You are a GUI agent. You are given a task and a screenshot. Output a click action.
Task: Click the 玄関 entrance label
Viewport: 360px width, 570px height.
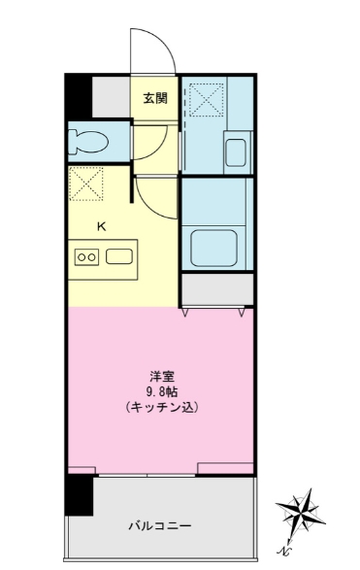(155, 97)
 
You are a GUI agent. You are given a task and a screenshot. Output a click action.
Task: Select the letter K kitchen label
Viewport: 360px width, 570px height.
(100, 226)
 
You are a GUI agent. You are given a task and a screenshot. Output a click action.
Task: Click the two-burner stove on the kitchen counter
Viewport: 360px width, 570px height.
(86, 257)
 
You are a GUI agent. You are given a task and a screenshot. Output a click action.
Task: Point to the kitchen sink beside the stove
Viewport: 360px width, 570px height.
(120, 257)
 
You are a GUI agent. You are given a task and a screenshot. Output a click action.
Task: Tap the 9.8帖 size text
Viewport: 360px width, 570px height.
(160, 390)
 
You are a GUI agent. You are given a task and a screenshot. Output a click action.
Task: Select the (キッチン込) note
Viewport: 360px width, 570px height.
(160, 408)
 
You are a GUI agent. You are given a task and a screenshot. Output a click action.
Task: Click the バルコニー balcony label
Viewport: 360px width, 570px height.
(160, 525)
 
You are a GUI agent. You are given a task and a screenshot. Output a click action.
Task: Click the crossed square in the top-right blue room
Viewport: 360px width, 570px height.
(205, 99)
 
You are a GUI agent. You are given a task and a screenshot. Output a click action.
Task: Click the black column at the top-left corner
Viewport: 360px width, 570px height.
(77, 95)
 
